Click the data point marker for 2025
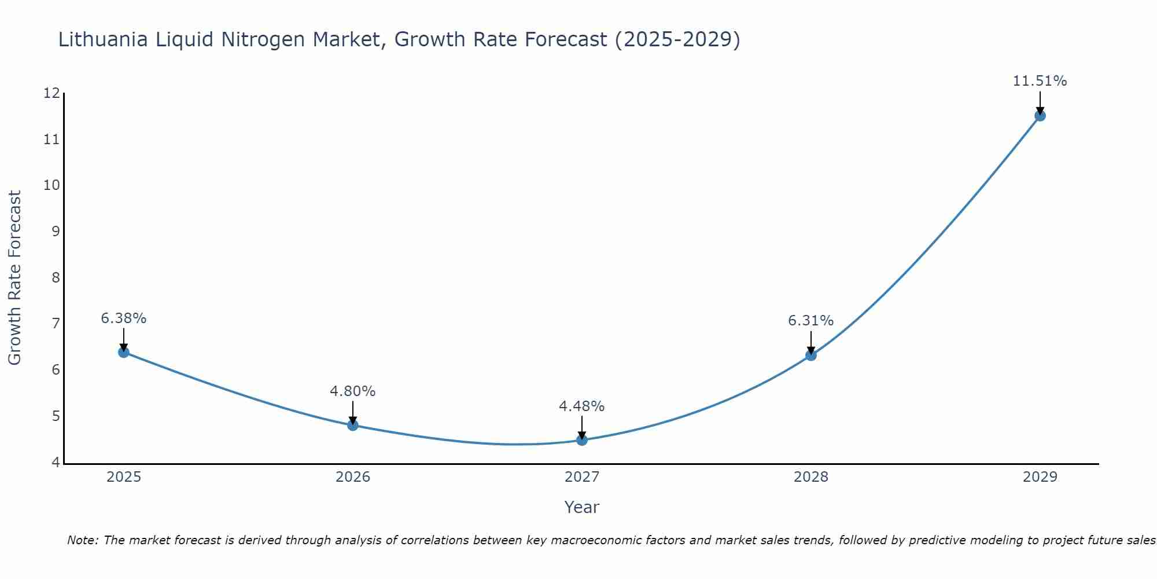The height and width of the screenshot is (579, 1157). [x=124, y=352]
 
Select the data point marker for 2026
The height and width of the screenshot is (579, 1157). [x=353, y=425]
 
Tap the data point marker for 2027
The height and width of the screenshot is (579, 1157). [x=582, y=440]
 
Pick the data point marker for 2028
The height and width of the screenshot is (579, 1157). [x=811, y=356]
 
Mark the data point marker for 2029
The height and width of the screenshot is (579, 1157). [x=1040, y=116]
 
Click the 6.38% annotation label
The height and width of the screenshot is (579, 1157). [x=124, y=318]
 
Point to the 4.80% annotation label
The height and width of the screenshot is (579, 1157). [x=353, y=391]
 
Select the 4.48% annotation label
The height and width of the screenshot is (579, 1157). [x=582, y=406]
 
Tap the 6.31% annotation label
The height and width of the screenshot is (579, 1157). [x=811, y=321]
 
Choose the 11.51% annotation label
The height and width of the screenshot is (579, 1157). [x=1040, y=81]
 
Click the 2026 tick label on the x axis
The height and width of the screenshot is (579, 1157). [x=353, y=477]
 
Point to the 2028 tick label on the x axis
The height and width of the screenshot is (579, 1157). [x=811, y=477]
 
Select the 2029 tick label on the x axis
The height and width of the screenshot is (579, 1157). [x=1040, y=477]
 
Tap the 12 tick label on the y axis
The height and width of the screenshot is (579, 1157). [x=51, y=93]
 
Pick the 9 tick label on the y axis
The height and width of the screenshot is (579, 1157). [x=56, y=232]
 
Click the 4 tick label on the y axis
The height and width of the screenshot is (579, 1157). [x=56, y=462]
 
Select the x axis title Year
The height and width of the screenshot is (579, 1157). [x=582, y=507]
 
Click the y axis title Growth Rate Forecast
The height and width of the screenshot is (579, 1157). [x=15, y=278]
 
